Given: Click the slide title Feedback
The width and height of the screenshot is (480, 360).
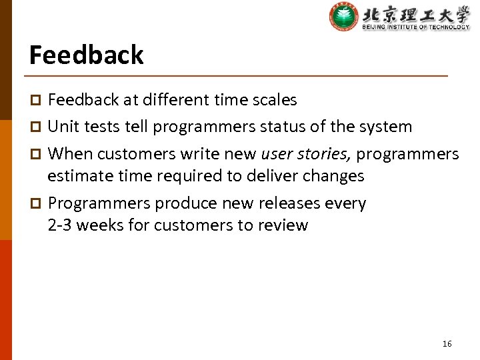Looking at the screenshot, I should click(86, 55).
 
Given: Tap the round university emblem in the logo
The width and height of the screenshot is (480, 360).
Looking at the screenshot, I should click(343, 17).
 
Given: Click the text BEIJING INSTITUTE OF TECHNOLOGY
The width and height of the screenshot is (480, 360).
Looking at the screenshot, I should click(416, 27).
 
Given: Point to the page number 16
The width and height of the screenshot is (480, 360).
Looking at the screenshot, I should click(447, 343).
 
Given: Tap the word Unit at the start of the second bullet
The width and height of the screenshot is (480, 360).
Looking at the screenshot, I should click(63, 127).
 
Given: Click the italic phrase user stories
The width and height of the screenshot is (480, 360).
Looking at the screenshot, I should click(306, 154).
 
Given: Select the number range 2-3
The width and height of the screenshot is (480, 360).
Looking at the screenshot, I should click(61, 225).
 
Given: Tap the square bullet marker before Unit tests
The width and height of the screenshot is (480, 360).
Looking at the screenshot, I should click(37, 127).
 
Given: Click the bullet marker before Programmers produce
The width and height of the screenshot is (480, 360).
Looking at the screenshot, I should click(37, 204).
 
